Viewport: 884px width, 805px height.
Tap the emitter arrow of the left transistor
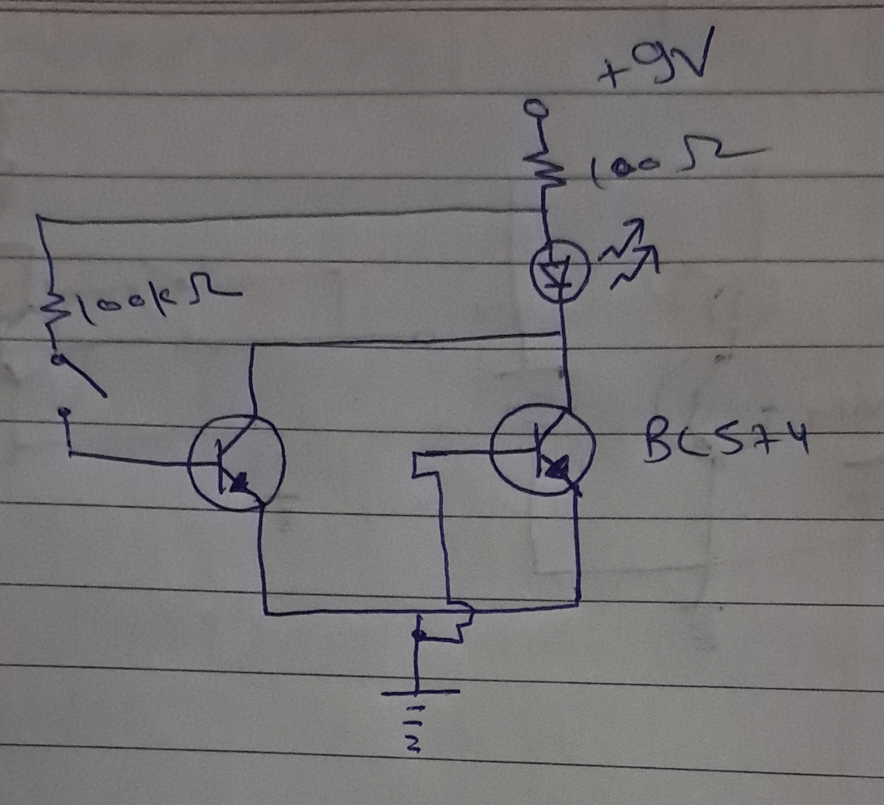click(240, 485)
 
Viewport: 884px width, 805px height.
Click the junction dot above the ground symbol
click(418, 635)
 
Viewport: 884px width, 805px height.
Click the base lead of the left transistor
click(131, 459)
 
